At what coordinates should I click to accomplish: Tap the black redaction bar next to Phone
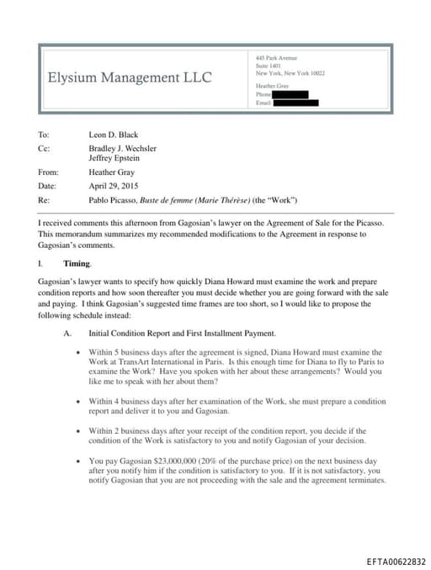[x=290, y=95]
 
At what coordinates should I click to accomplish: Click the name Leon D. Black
[x=113, y=135]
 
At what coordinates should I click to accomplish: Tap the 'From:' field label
[x=48, y=172]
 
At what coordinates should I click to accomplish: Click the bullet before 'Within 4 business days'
[x=78, y=402]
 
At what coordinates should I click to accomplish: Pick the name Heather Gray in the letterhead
[x=272, y=86]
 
